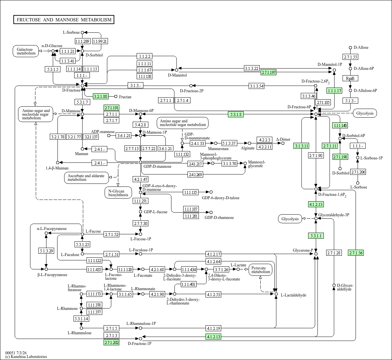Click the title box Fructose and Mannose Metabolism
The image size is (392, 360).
pos(64,20)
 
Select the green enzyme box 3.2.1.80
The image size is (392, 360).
pos(101,96)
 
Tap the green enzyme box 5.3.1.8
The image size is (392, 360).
pos(236,114)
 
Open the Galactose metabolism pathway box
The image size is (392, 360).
pos(26,51)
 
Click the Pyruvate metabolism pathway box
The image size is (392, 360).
pos(261,270)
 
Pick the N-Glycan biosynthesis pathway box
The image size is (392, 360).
pos(118,193)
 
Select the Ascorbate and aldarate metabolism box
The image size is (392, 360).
pos(87,178)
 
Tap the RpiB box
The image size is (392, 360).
pos(350,79)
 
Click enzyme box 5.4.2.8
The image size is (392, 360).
pos(140,124)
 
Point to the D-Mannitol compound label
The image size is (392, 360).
pos(177,75)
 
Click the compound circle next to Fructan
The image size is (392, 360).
pos(116,97)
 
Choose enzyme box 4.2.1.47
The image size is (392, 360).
pos(140,179)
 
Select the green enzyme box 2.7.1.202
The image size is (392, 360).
pos(112,342)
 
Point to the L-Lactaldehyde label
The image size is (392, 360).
pos(293,295)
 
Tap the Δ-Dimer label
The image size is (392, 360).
pos(283,139)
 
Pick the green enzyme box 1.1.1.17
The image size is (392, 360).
pos(334,91)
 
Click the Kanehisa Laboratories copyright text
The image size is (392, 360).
pos(26,357)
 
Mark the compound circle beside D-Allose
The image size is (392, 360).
pos(351,47)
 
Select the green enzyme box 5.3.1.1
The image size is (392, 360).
pos(316,236)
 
